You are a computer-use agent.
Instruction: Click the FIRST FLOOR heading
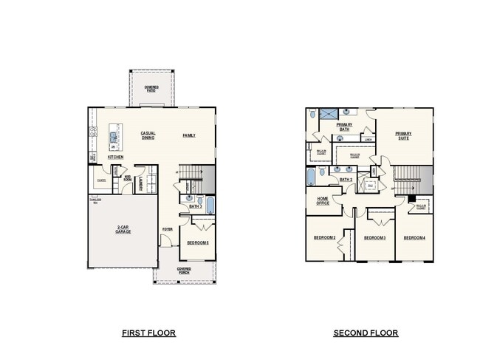(x=148, y=333)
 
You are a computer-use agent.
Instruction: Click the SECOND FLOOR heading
(x=366, y=333)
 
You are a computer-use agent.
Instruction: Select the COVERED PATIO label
(x=151, y=89)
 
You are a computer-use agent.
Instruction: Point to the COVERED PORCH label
(x=184, y=270)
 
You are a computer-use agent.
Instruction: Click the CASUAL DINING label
(x=148, y=136)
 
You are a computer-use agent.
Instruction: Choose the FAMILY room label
(x=190, y=136)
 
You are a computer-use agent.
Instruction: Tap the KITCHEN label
(x=115, y=157)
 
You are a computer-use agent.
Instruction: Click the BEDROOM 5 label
(x=199, y=243)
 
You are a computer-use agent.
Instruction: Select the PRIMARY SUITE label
(x=403, y=136)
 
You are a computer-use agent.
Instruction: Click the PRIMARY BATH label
(x=344, y=127)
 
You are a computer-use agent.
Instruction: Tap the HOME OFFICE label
(x=323, y=201)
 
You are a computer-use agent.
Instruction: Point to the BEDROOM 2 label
(x=326, y=237)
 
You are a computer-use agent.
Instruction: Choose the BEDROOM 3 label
(x=375, y=237)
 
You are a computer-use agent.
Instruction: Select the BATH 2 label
(x=345, y=179)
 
